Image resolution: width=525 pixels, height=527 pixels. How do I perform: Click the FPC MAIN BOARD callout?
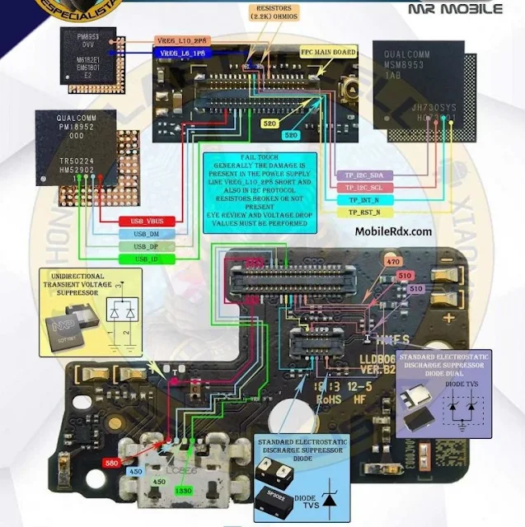click(328, 51)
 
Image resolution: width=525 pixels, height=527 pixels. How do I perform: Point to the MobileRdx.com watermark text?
click(393, 231)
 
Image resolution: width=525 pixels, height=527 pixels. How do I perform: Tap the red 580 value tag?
click(113, 464)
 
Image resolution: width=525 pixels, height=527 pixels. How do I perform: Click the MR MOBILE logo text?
click(455, 10)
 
